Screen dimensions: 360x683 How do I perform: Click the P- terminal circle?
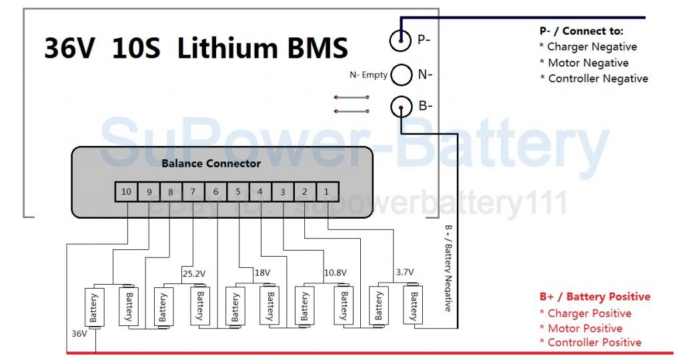[x=400, y=41]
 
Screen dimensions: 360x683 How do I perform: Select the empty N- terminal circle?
[x=401, y=75]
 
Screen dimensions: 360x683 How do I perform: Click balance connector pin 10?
[x=126, y=192]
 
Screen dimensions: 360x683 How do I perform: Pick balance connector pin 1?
[x=327, y=192]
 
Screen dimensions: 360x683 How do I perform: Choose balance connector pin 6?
[x=215, y=192]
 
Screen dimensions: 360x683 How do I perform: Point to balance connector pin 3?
[x=283, y=192]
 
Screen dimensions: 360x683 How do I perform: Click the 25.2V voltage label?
[x=193, y=272]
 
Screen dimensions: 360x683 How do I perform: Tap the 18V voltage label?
[x=262, y=272]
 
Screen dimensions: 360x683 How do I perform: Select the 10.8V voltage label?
[x=335, y=272]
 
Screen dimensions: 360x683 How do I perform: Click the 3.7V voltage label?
[x=404, y=272]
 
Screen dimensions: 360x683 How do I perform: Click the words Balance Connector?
[x=211, y=163]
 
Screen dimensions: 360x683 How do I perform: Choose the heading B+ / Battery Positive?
[x=594, y=297]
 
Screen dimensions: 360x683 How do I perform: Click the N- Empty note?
[x=368, y=75]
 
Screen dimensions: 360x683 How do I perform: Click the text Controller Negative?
[x=598, y=79]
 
